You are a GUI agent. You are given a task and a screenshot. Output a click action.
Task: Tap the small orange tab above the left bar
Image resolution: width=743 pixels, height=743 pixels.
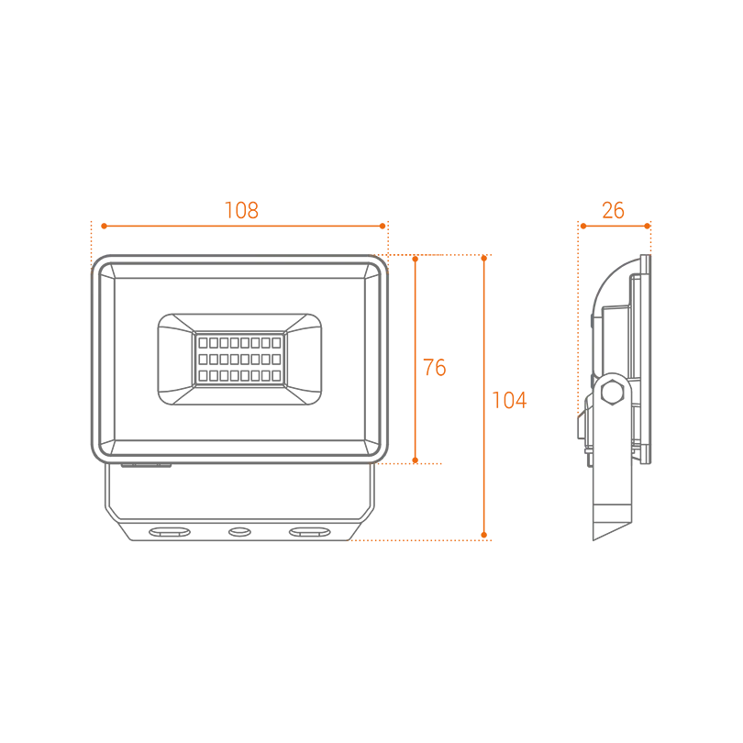[x=244, y=203]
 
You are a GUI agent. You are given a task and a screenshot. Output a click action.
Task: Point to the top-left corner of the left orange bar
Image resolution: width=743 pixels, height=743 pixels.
[x=90, y=222]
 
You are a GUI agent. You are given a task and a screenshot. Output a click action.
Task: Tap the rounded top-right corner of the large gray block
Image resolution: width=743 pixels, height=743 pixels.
[x=390, y=261]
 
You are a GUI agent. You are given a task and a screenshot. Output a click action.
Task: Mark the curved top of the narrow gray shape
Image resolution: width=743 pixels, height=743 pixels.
[x=633, y=261]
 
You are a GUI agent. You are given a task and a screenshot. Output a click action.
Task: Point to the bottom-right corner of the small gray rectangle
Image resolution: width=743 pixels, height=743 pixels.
[x=475, y=533]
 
